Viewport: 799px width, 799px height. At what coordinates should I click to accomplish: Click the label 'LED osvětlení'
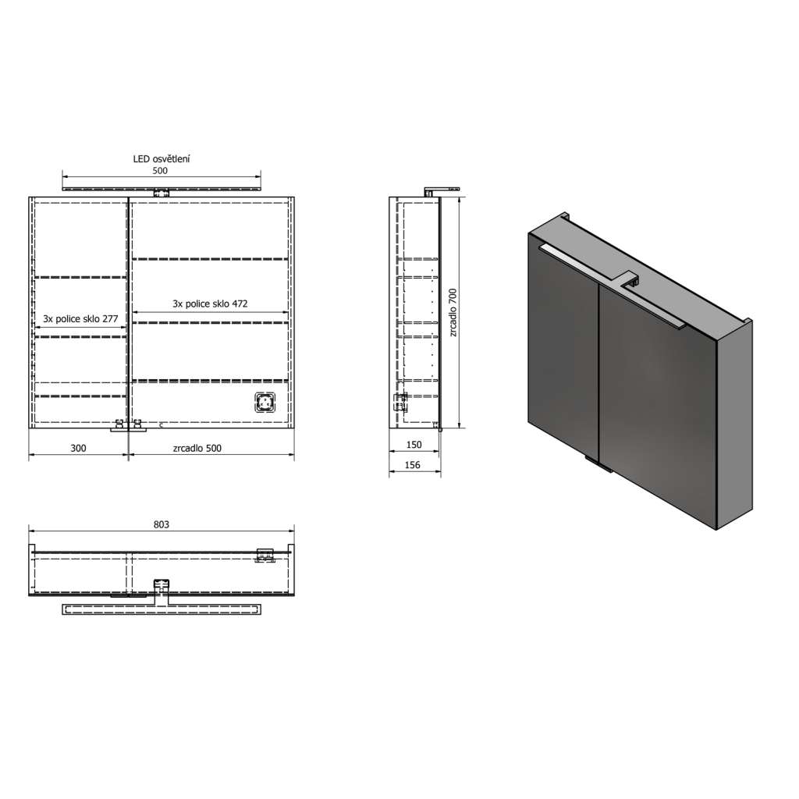click(x=162, y=159)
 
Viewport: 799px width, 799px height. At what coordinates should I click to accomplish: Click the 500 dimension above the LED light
click(x=160, y=171)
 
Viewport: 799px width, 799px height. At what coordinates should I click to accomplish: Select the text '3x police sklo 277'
click(x=80, y=319)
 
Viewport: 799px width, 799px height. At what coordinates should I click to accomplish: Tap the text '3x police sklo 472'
click(x=210, y=304)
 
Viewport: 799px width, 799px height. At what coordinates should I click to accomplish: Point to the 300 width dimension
click(x=78, y=448)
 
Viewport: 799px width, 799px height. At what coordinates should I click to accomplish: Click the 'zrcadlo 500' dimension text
click(x=197, y=448)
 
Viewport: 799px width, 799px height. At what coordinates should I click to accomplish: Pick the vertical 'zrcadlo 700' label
click(x=452, y=313)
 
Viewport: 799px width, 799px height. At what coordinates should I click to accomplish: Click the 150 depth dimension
click(x=414, y=445)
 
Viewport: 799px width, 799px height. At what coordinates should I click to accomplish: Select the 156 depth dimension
click(x=414, y=465)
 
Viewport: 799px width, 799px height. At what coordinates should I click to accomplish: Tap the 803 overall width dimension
click(x=161, y=525)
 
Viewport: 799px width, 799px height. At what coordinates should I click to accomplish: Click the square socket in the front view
click(x=265, y=403)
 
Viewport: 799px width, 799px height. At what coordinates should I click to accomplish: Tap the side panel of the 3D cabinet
click(x=736, y=425)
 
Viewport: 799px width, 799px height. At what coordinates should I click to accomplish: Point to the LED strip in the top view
click(x=161, y=609)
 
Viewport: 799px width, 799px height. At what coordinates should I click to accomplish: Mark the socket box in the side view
click(x=400, y=401)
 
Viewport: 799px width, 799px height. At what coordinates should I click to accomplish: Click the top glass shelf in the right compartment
click(x=210, y=258)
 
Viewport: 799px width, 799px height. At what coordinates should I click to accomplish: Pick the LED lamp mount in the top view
click(x=162, y=585)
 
